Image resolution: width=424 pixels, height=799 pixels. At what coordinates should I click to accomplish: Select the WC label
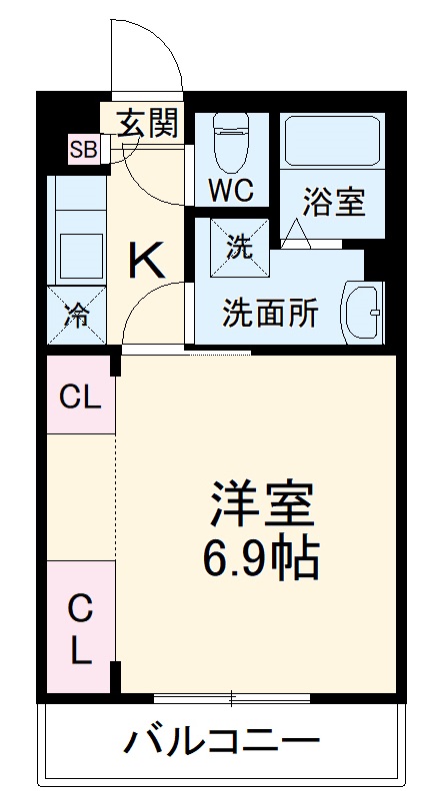pos(231,189)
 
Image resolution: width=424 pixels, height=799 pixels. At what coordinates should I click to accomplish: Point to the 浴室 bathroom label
pos(333,200)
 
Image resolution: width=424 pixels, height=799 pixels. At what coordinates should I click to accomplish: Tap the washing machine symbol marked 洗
pos(237,247)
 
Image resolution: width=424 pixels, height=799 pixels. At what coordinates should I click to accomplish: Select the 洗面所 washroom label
pos(270,314)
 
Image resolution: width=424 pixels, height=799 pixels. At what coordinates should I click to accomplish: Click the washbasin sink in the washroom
pos(362,312)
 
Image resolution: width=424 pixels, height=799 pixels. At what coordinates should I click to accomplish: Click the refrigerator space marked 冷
pos(76,315)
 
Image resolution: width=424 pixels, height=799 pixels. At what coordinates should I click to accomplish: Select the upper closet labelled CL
pos(80,398)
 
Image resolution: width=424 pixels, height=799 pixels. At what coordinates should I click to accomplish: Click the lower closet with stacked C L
pos(80,629)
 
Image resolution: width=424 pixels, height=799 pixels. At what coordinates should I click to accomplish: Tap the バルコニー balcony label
pos(222,741)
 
